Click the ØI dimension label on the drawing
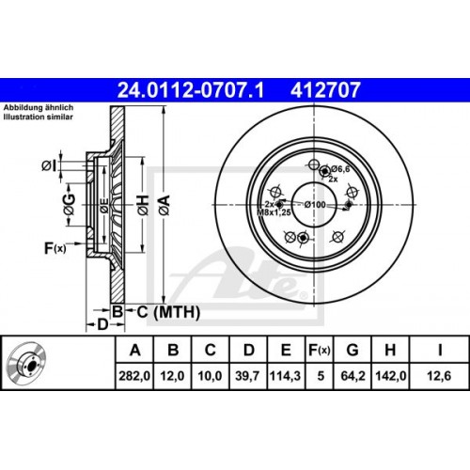pos(50,166)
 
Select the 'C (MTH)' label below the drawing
pos(157,310)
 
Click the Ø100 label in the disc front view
pos(314,204)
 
